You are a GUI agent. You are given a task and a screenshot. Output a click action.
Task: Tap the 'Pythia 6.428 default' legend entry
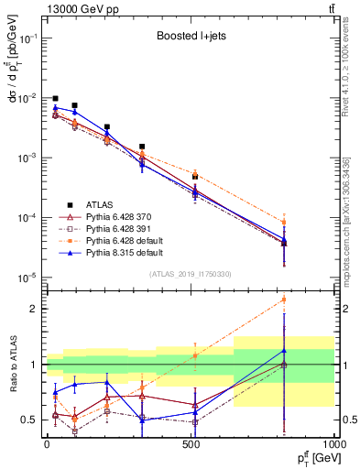click(125, 239)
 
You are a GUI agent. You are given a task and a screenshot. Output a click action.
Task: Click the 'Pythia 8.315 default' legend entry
click(125, 250)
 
